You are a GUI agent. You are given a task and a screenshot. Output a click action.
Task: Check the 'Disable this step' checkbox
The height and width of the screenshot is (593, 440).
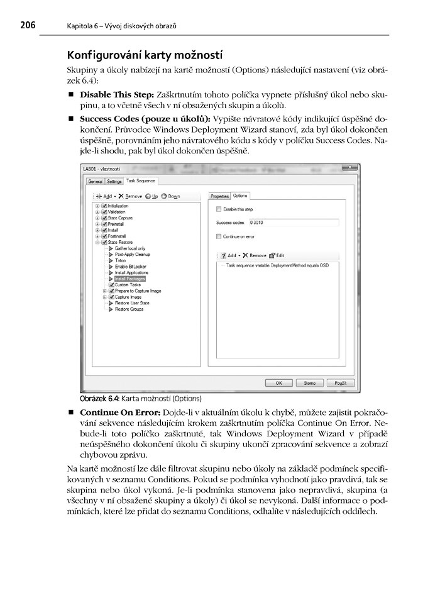point(219,209)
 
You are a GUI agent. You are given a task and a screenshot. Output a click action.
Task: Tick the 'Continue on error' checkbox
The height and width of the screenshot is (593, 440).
point(219,236)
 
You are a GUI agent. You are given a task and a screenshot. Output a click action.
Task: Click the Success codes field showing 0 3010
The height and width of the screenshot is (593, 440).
point(293,223)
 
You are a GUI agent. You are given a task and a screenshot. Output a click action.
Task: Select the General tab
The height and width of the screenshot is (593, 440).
point(95,181)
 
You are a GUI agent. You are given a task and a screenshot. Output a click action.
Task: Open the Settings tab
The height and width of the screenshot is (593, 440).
point(114,181)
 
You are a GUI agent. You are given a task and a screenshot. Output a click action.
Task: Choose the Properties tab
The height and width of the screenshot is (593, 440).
point(219,196)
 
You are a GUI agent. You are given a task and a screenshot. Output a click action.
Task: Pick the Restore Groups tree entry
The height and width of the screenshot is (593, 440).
point(129,309)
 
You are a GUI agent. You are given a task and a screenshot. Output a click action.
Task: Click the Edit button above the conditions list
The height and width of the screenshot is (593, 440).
point(277,255)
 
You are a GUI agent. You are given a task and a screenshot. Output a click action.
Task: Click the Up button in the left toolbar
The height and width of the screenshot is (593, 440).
point(151,196)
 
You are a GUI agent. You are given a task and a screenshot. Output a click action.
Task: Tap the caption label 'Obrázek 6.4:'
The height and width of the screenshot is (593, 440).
point(101,399)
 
